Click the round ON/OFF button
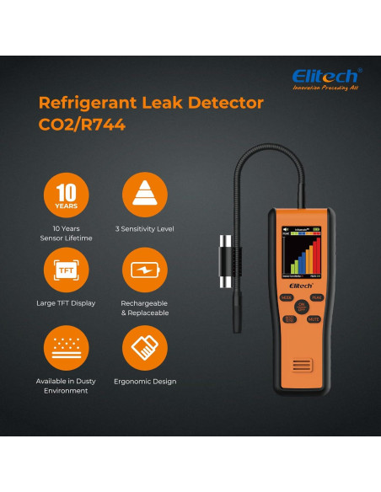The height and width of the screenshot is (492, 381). [x=302, y=308]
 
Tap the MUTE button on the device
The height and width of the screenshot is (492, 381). [x=314, y=319]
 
